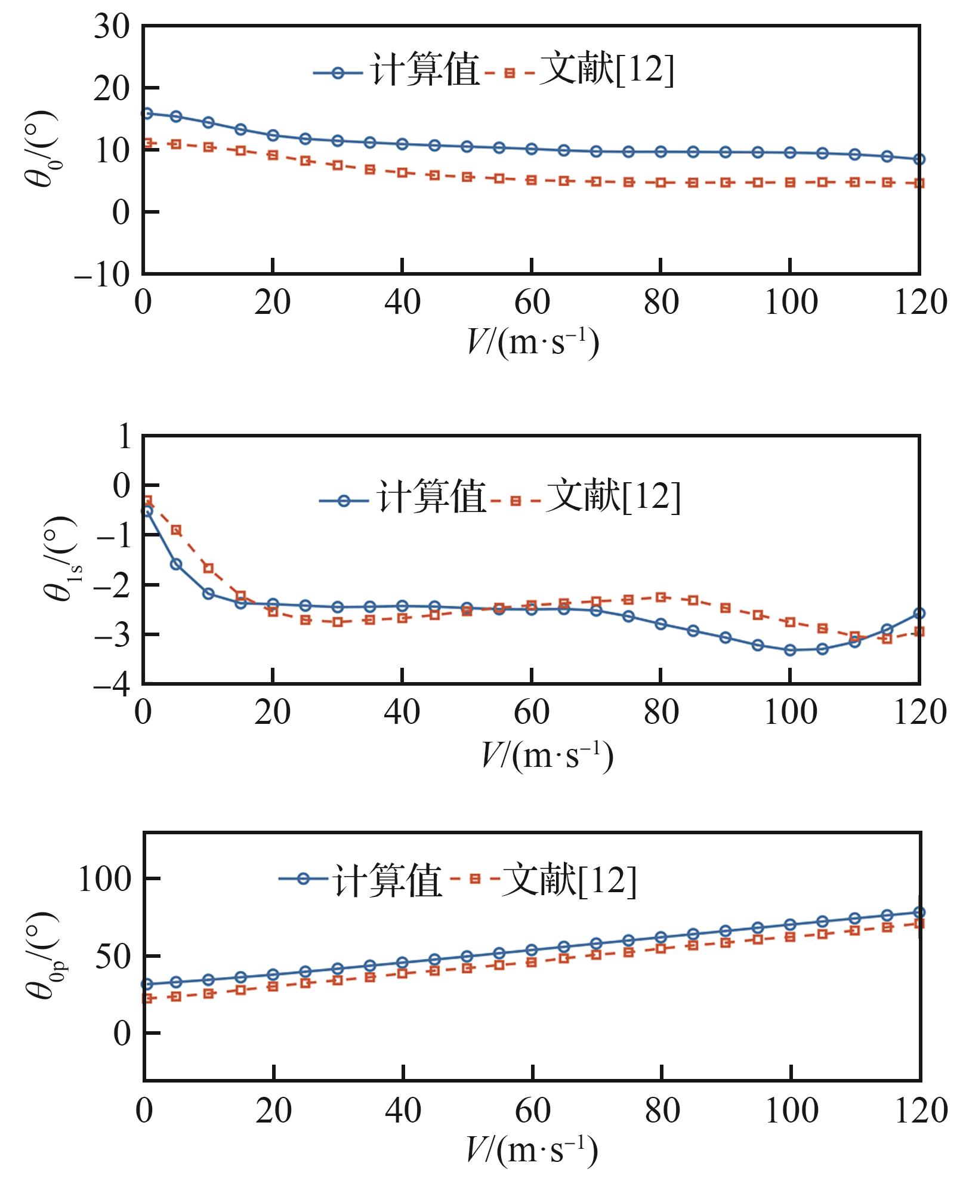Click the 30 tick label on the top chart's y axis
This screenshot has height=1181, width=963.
[112, 27]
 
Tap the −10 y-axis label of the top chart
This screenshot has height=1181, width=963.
[102, 275]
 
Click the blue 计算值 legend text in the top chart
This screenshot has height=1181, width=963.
[425, 70]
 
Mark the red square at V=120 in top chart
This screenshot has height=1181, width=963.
[919, 183]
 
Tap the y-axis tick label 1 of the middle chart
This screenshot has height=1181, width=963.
[124, 437]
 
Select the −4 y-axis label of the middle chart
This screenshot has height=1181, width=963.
[112, 684]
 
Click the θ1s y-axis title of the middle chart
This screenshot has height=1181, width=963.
[60, 559]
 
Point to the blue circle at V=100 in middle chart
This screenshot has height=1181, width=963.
[790, 650]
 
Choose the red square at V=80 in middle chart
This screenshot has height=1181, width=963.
[660, 597]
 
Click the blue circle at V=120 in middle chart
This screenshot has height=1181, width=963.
[919, 613]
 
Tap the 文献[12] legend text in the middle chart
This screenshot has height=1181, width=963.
[613, 497]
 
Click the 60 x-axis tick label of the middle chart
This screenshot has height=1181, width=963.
[532, 713]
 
